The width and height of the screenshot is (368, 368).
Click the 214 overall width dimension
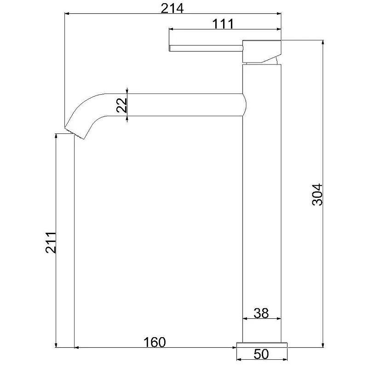172,9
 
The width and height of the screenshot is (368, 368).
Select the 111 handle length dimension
223,24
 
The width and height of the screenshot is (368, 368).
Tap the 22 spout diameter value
122,105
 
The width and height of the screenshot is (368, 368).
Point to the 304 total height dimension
317,195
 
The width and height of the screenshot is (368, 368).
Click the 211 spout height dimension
51,243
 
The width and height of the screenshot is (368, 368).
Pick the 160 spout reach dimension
155,342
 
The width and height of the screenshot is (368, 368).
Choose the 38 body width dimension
261,313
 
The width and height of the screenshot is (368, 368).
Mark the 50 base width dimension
261,354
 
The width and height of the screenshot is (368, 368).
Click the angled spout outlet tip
74,133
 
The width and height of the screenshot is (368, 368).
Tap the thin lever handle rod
206,48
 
